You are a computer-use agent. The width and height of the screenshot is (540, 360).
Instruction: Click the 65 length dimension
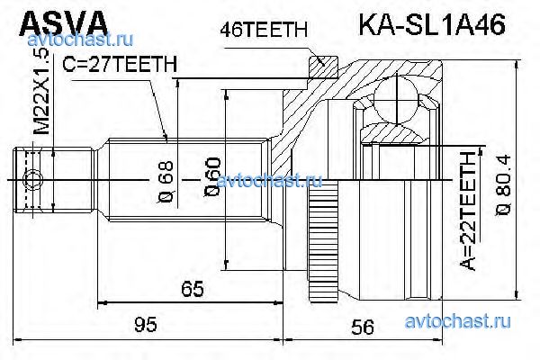pos(189,289)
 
